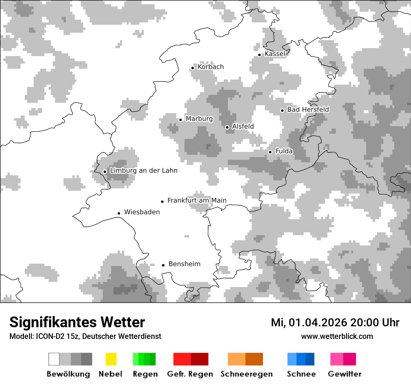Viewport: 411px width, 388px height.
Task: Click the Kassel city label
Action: [x=275, y=54]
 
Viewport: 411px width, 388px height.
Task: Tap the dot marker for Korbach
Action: [x=192, y=68]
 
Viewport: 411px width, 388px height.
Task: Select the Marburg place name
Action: [x=199, y=119]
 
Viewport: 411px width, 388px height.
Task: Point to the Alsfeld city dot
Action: [x=227, y=127]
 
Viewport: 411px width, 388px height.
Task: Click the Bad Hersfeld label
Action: [x=308, y=110]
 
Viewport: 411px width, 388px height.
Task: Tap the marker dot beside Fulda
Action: [x=270, y=152]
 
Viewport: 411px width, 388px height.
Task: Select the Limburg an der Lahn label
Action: [x=143, y=171]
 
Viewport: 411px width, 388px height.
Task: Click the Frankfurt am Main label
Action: [x=197, y=201]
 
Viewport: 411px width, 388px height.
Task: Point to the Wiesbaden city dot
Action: [x=119, y=213]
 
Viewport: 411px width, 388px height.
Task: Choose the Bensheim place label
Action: [x=184, y=264]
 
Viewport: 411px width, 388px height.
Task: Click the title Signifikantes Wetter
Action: [x=77, y=323]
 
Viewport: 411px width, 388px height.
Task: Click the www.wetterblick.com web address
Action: [x=337, y=336]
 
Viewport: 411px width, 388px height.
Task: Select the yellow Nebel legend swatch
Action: [x=111, y=359]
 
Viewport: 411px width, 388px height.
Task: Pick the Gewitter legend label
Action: [x=344, y=374]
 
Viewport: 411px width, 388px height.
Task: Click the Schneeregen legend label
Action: [x=246, y=374]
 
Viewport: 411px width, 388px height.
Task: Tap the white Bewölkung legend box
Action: [x=54, y=359]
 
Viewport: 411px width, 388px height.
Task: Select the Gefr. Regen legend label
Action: [x=190, y=374]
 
